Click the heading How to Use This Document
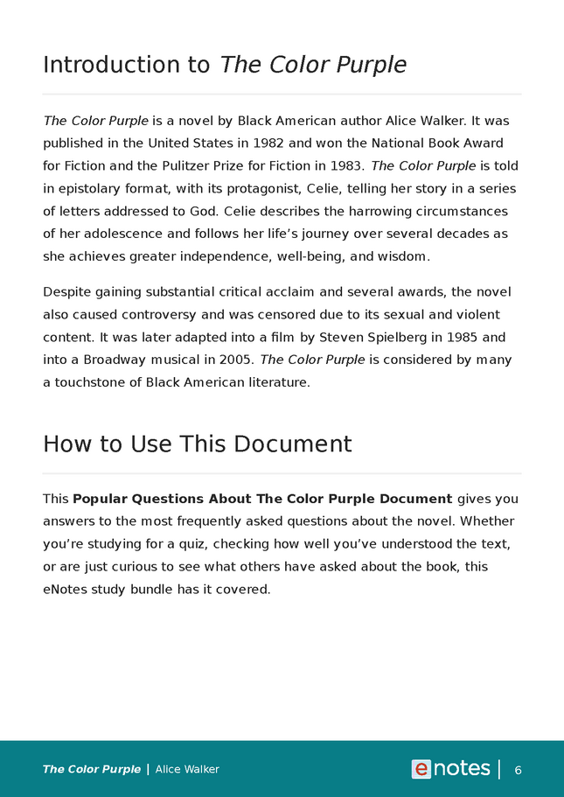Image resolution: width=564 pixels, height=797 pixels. point(197,444)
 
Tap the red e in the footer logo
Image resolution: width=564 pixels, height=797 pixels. point(421,769)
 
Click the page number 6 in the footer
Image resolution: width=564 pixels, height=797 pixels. point(518,770)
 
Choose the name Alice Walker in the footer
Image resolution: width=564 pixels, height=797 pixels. point(187,770)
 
